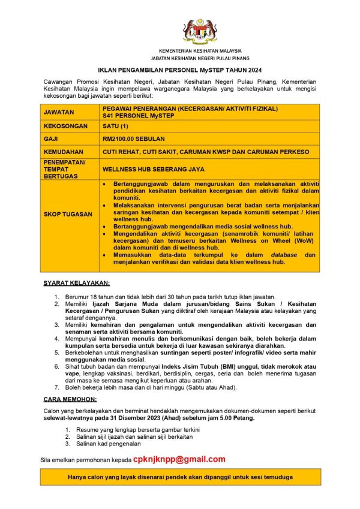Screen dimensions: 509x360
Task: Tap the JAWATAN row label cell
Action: click(x=59, y=112)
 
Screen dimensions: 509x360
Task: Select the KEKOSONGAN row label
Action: click(x=65, y=126)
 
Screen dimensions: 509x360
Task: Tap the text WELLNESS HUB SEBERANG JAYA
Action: click(x=154, y=170)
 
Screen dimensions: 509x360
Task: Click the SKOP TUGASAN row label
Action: click(x=68, y=214)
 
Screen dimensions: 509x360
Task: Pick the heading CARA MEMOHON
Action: click(x=70, y=398)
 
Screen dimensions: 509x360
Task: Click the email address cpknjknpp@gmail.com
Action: click(x=179, y=459)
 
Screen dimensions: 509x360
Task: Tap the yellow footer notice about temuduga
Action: click(x=180, y=477)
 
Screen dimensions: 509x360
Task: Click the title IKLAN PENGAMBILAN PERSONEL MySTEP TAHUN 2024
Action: click(x=180, y=70)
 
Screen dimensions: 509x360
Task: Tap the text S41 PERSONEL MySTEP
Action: click(x=138, y=115)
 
